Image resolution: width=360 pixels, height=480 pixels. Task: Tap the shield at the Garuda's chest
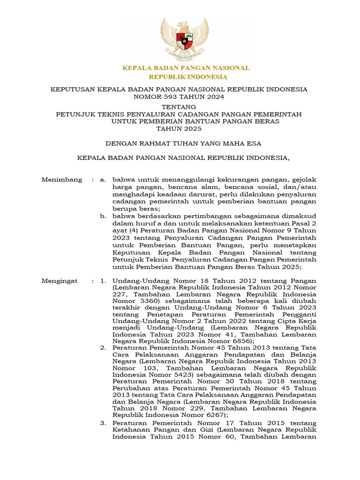coord(184,41)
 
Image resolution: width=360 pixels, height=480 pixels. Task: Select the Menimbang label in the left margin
coord(62,180)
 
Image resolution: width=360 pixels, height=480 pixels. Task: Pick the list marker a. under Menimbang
coord(103,180)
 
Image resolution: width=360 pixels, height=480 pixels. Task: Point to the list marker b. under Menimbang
coord(103,216)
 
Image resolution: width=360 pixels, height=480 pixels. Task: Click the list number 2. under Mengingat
coord(103,348)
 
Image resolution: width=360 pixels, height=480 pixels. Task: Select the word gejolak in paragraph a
coord(304,180)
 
